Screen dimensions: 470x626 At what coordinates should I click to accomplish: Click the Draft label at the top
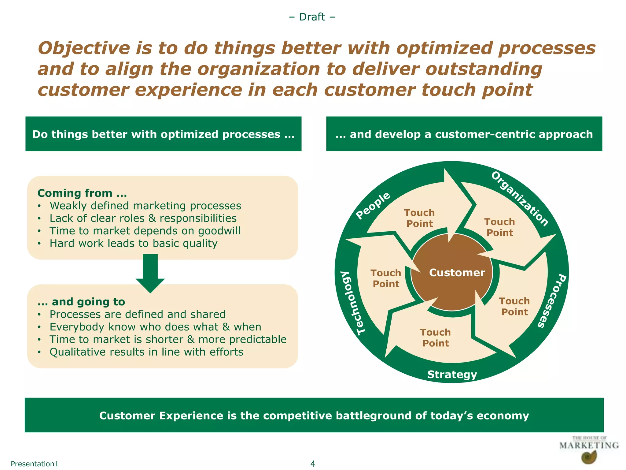(x=312, y=17)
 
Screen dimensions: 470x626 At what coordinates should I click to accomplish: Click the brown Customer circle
(x=452, y=272)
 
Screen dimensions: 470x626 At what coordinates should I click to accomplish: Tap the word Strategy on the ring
(x=452, y=374)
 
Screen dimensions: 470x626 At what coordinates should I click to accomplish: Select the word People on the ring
(x=373, y=205)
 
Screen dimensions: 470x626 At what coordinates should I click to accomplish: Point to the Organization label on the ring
(x=519, y=199)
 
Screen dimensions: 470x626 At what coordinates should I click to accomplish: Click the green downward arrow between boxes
(x=150, y=272)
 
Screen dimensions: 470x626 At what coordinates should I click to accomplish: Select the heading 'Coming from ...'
(x=82, y=193)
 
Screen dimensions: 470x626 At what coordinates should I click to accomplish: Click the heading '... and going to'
(x=81, y=302)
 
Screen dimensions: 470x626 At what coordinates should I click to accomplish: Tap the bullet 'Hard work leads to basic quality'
(x=134, y=243)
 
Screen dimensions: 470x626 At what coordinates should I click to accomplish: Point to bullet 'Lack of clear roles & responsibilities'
(x=143, y=218)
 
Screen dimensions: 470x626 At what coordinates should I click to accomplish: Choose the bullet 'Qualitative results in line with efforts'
(x=146, y=352)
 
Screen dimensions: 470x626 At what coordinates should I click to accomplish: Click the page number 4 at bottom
(x=312, y=463)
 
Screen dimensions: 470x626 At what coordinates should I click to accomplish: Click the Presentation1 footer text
(x=34, y=464)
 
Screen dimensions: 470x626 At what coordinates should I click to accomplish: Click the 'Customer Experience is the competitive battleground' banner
(x=314, y=415)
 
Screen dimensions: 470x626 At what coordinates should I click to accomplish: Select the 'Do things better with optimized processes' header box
(x=163, y=134)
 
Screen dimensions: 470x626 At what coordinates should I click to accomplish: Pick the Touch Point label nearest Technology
(x=386, y=278)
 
